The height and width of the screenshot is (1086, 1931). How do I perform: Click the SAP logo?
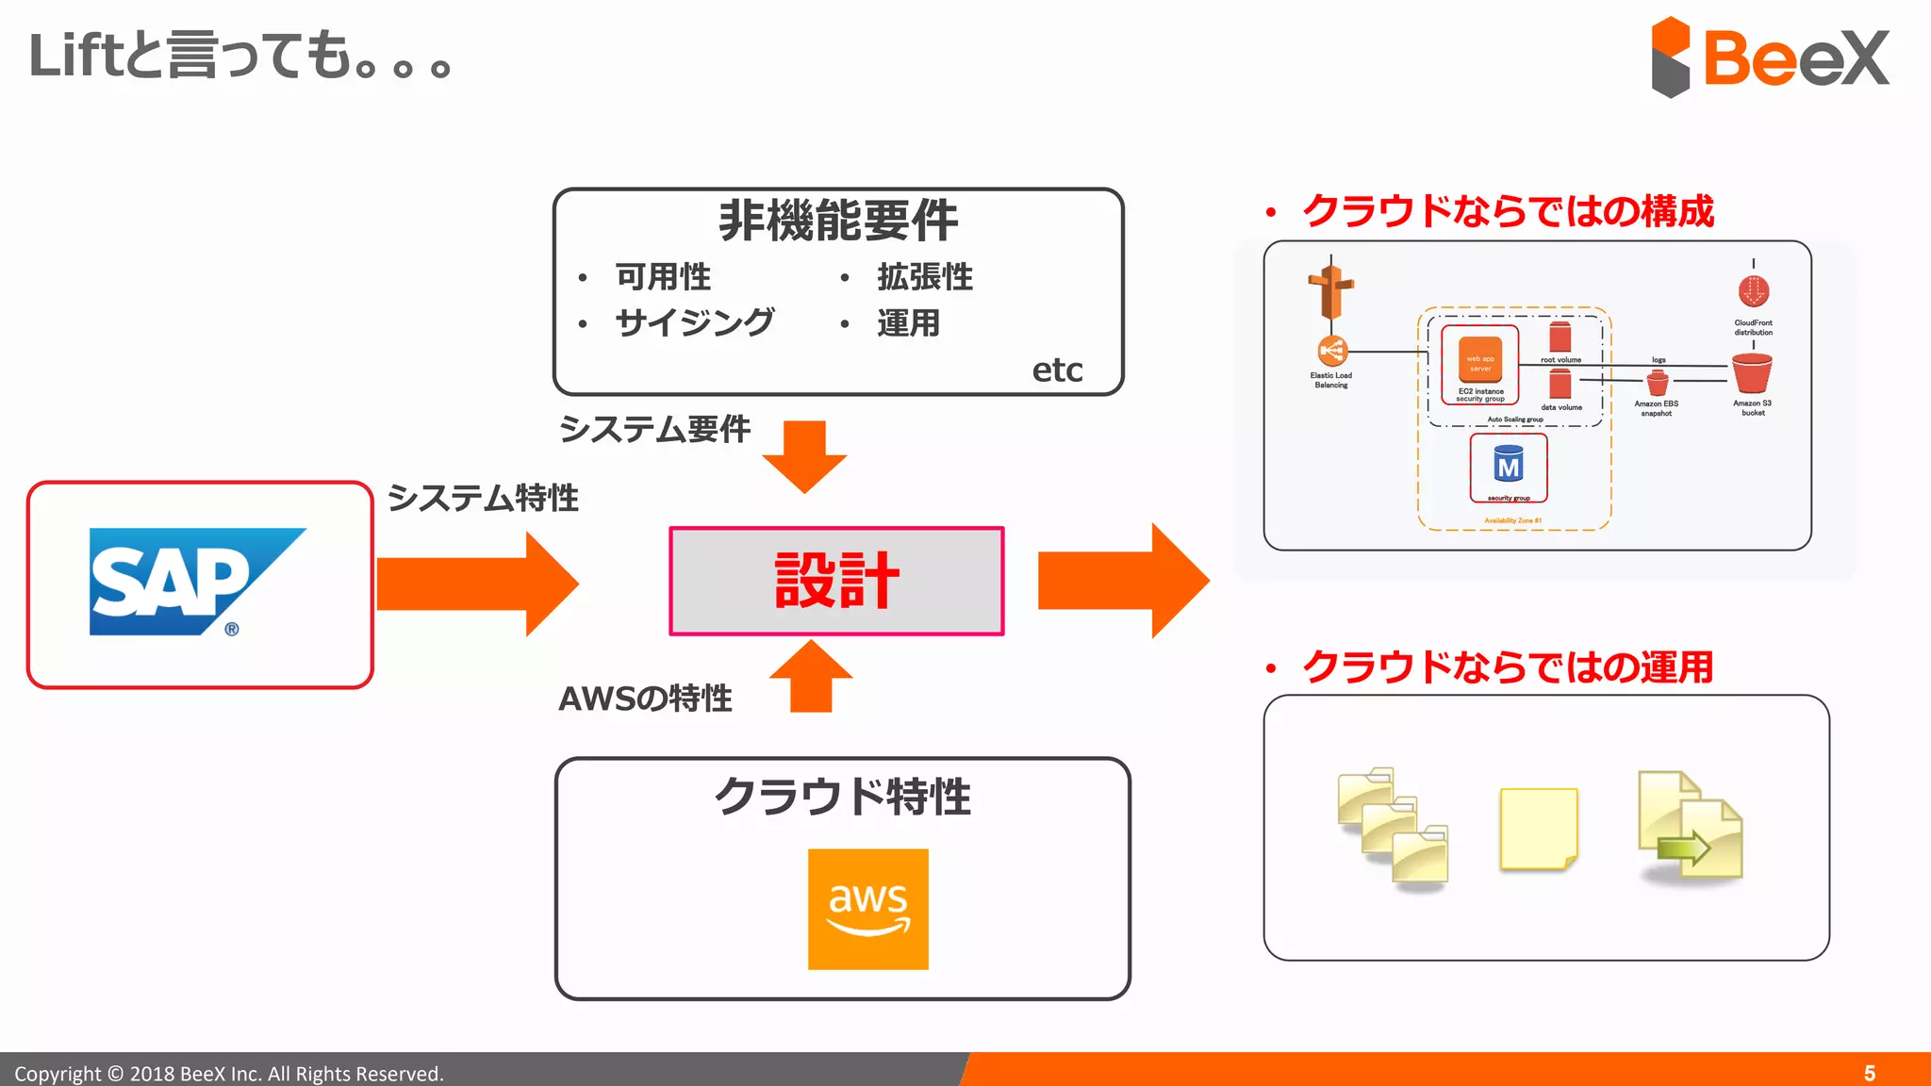coord(197,582)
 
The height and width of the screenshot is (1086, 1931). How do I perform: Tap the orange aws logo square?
coord(867,909)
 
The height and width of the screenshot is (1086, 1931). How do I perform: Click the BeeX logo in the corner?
coord(1770,58)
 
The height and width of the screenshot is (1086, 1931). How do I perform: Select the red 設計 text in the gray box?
coord(836,581)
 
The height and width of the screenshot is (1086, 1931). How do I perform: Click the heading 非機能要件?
coord(837,221)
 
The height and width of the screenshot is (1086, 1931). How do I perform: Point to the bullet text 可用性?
coord(663,277)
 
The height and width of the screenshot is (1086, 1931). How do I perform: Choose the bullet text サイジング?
coord(695,323)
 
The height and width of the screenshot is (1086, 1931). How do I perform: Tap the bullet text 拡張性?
coord(924,277)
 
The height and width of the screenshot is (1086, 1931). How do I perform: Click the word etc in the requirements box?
coord(1057,370)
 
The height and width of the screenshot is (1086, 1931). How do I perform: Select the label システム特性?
coord(483,498)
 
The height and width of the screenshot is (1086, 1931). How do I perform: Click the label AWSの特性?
coord(645,699)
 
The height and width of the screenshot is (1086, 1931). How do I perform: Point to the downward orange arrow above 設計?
coord(804,456)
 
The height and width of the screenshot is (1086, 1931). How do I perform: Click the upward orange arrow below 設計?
coord(810,677)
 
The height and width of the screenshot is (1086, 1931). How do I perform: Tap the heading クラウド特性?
coord(842,797)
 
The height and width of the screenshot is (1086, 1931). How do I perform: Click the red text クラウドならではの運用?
coord(1507,667)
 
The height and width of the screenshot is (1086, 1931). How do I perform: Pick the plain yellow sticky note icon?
coord(1538,829)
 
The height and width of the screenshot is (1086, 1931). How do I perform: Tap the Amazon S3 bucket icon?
coord(1752,374)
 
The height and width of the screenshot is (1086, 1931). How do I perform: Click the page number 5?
coord(1869,1073)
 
